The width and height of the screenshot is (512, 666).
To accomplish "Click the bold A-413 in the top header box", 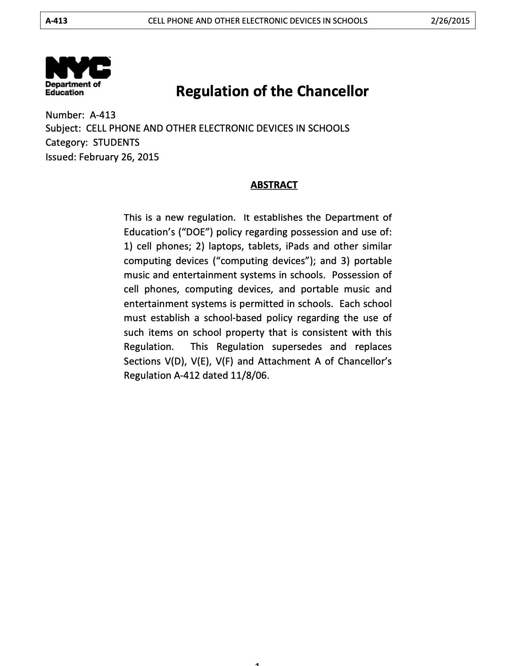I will tap(56, 21).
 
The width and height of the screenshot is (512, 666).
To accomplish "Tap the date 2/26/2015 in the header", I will tap(450, 21).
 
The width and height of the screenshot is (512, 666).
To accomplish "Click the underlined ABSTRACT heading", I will tap(274, 185).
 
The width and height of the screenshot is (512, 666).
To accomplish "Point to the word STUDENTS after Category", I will tap(116, 142).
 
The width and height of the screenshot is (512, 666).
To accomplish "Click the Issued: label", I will tap(60, 157).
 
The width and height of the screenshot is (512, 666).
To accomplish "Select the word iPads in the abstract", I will tap(297, 246).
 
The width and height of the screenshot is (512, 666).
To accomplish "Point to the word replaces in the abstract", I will tap(373, 347).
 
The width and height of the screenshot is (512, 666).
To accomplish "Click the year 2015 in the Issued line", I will tap(148, 157).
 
